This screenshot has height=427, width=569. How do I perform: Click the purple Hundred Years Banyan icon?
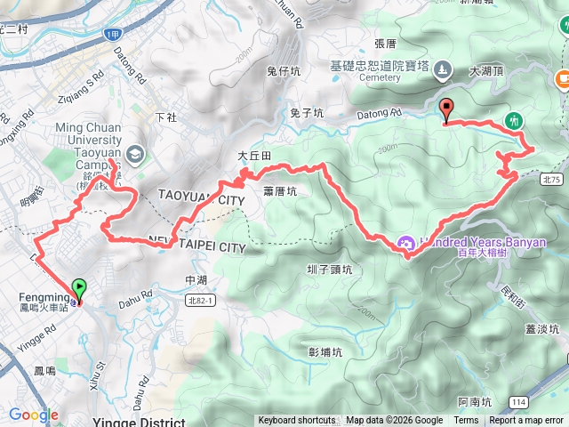pyautogui.click(x=405, y=241)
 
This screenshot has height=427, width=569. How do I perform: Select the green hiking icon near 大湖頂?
pyautogui.click(x=513, y=119)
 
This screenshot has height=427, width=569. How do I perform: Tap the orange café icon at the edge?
pyautogui.click(x=562, y=79)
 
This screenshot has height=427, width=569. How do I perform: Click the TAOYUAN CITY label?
pyautogui.click(x=200, y=197)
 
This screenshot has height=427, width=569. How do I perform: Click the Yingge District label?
pyautogui.click(x=139, y=422)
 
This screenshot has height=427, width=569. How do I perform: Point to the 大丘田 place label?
pyautogui.click(x=253, y=156)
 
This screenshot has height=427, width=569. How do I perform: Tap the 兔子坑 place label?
pyautogui.click(x=303, y=113)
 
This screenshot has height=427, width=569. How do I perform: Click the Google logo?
pyautogui.click(x=33, y=415)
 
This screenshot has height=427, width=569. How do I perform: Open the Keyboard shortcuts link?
pyautogui.click(x=297, y=421)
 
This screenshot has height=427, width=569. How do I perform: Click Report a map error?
pyautogui.click(x=526, y=421)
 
